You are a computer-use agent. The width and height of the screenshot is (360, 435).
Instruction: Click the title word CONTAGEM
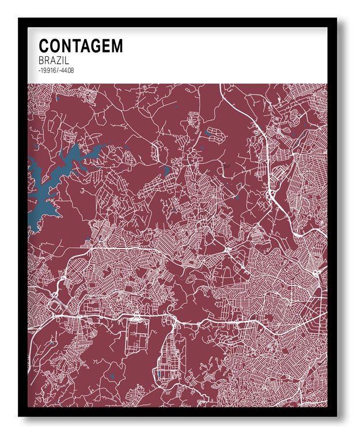coord(81,46)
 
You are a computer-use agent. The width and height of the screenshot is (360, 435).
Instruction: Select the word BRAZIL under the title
coord(52,60)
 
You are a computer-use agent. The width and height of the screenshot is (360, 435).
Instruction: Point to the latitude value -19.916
coord(47,70)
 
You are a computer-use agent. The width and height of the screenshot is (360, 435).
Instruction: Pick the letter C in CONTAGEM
coord(44,46)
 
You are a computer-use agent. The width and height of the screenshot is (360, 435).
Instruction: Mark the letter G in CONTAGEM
coord(96,46)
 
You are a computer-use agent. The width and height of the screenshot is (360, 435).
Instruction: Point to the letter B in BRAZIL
coord(41,60)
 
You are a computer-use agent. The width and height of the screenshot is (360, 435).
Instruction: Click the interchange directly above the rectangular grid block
coord(137,315)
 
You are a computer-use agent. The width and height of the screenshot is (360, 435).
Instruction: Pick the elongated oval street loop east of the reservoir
coord(156,151)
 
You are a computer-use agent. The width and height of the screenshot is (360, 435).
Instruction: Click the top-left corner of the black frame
coord(19,19)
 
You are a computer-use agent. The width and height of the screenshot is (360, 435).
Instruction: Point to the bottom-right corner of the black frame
coord(338,415)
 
